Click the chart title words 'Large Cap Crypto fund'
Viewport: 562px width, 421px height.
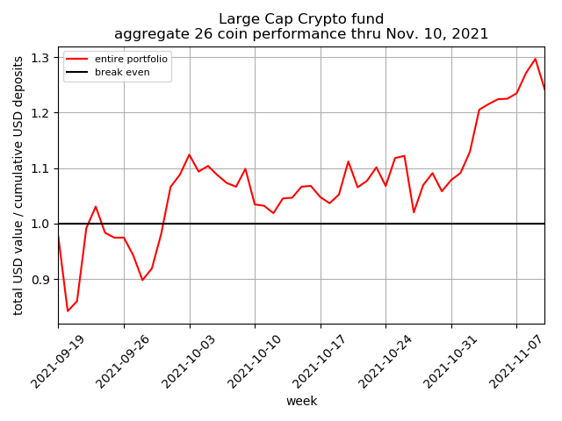[301, 18]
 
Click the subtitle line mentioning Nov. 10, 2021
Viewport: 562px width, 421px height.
[301, 34]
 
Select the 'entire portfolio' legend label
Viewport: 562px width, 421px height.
[131, 59]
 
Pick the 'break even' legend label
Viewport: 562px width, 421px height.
[122, 72]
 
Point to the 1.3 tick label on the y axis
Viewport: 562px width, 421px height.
[40, 58]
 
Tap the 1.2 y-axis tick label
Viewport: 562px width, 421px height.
[40, 113]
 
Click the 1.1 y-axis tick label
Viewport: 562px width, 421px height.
[40, 168]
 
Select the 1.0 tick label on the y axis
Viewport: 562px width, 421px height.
[40, 225]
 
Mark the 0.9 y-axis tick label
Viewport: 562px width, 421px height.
[40, 280]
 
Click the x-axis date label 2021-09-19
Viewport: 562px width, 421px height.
[57, 361]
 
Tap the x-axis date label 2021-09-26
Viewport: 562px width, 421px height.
[123, 361]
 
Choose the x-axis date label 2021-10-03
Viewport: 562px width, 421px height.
[189, 361]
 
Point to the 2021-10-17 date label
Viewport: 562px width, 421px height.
[320, 361]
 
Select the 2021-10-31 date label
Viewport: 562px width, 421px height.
[450, 361]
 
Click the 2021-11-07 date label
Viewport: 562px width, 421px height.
[515, 361]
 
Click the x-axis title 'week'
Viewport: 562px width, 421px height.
[301, 401]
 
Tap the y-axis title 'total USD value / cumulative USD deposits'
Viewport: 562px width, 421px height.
[18, 186]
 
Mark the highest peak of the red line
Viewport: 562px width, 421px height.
[535, 59]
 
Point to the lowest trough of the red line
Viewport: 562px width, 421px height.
[68, 311]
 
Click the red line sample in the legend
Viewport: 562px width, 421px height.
[76, 59]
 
